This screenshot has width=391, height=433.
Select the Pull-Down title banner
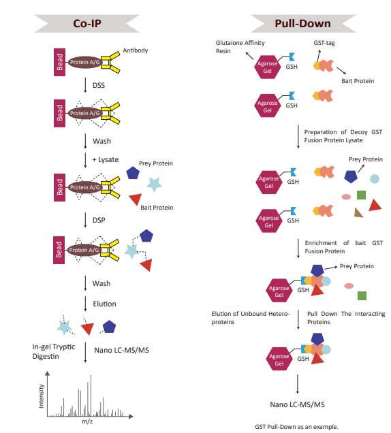click(302, 23)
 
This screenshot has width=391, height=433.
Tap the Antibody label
click(135, 50)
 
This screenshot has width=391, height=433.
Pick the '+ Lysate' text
click(105, 159)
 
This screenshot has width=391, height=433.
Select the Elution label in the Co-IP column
click(104, 304)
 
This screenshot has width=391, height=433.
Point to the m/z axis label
click(87, 421)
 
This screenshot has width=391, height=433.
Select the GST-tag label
click(324, 42)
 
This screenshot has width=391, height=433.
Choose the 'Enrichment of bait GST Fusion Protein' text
click(343, 246)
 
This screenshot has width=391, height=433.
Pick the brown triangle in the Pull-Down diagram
click(359, 212)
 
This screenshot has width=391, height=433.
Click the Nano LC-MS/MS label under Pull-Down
click(298, 404)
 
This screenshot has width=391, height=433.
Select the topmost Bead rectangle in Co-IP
click(59, 62)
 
